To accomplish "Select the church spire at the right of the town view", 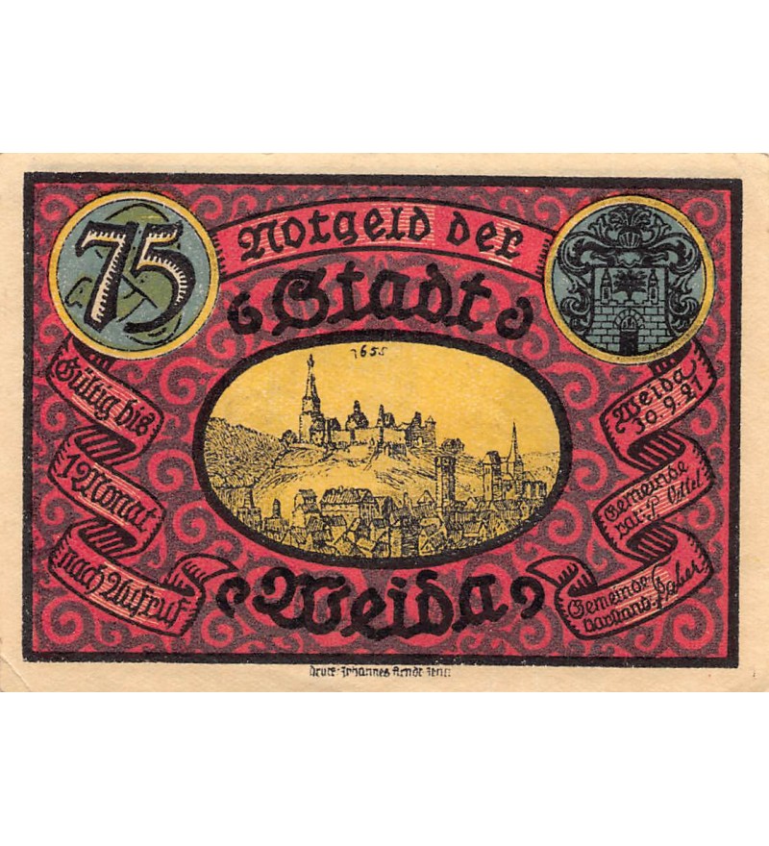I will click(x=515, y=452).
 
